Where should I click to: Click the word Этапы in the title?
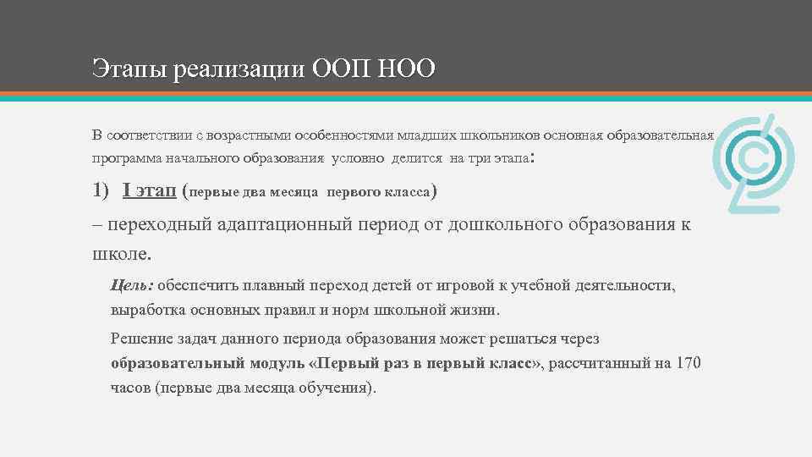point(128,69)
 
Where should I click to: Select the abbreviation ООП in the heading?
point(341,68)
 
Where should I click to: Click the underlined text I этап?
point(149,192)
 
